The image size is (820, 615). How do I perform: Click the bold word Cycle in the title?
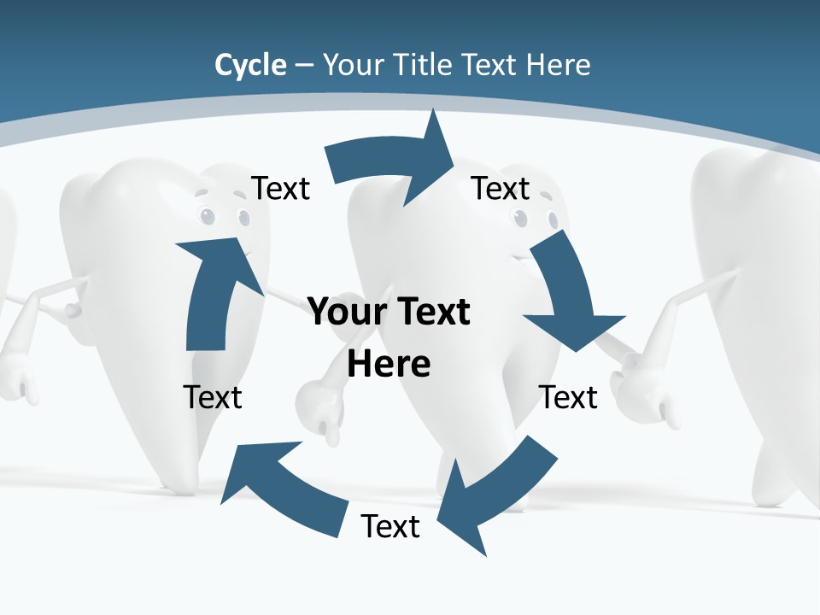click(x=250, y=65)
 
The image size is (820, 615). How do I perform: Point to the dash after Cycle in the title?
click(x=304, y=66)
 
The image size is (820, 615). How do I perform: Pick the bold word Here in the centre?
click(x=389, y=364)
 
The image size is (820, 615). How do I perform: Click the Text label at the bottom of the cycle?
click(x=390, y=526)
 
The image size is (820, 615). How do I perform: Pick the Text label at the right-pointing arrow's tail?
click(x=280, y=188)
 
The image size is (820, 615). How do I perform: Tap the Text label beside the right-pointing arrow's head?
click(x=501, y=188)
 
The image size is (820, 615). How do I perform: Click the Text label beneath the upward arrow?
click(x=213, y=397)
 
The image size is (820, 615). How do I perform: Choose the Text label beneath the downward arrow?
click(x=567, y=397)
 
